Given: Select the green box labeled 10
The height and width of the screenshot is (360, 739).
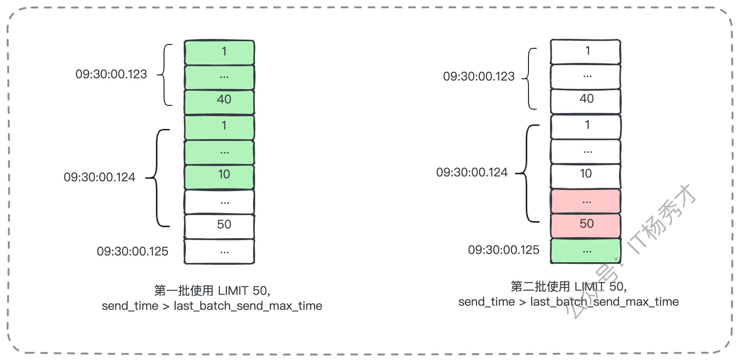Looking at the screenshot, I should click(219, 176).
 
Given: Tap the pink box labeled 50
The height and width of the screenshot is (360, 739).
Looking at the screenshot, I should click(585, 226).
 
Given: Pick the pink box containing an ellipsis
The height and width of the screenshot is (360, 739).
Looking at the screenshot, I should click(585, 201).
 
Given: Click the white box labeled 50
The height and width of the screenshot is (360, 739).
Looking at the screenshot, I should click(219, 226).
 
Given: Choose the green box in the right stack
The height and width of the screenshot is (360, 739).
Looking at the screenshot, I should click(585, 251).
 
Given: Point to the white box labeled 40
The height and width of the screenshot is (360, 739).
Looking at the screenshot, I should click(585, 101).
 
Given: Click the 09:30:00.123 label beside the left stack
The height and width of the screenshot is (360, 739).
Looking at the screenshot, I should click(111, 74).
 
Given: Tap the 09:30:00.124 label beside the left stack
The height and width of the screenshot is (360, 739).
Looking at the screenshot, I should click(99, 177).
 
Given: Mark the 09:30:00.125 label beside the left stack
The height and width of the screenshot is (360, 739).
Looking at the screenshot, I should click(133, 251).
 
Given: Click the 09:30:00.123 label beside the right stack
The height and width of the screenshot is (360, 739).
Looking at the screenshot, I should click(479, 76).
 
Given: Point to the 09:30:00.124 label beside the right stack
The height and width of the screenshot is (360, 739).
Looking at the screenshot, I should click(472, 172).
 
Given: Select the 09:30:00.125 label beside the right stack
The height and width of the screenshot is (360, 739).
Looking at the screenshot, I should click(504, 250).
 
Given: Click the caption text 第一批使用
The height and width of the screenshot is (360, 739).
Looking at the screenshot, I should click(184, 291).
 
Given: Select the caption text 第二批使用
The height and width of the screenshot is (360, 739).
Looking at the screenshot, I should click(540, 287).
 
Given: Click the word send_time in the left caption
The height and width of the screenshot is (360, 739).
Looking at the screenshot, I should click(130, 306).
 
